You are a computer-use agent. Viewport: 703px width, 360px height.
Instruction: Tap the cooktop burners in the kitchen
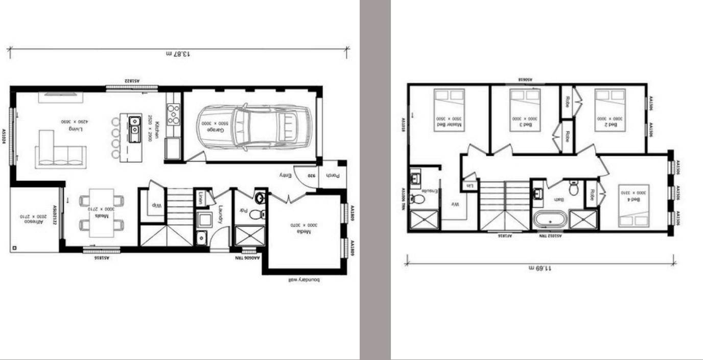tap(173, 114)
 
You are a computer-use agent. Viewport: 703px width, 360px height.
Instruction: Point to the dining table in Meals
tap(102, 212)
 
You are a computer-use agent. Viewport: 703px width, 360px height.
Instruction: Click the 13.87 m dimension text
tap(179, 54)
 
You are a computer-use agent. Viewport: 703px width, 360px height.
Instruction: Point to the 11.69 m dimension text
tap(540, 268)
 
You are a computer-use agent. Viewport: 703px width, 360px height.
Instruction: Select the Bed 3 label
tap(525, 123)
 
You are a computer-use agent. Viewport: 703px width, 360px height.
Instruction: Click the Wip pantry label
tap(155, 205)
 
